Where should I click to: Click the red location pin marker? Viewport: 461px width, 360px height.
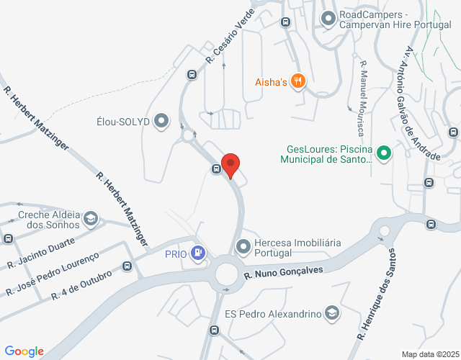230,164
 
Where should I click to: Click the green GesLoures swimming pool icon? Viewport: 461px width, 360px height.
384,152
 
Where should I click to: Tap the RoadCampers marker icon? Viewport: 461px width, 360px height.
328,18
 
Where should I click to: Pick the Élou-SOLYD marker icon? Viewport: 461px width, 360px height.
161,121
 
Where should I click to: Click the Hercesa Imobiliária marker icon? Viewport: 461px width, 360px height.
243,246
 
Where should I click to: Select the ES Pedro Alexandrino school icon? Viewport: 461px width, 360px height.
331,313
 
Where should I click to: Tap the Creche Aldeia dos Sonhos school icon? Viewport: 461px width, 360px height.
91,217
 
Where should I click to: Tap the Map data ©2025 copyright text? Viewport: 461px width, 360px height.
429,354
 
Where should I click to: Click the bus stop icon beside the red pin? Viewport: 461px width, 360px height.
216,169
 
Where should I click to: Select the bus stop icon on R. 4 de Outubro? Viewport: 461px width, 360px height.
127,266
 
